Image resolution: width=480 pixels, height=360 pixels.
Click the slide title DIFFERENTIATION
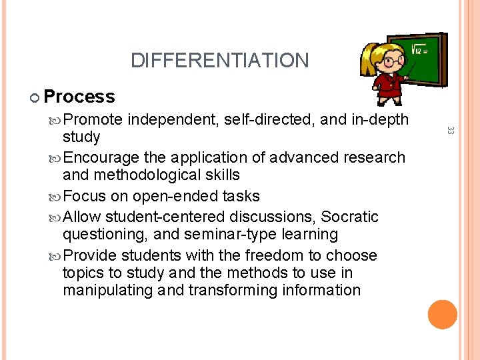[219, 61]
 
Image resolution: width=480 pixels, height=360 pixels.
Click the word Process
[79, 97]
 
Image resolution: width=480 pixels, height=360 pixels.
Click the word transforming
[233, 291]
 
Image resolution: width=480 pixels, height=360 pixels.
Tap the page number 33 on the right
[450, 132]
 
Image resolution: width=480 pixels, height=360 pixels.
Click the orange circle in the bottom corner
[443, 315]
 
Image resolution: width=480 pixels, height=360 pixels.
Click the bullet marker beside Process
[35, 98]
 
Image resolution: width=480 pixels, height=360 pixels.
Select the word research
[373, 158]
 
